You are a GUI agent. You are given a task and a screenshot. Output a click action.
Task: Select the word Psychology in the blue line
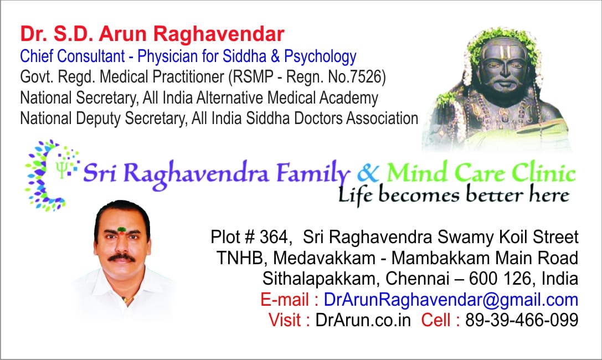(320, 57)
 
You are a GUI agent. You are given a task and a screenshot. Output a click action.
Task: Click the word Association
(382, 118)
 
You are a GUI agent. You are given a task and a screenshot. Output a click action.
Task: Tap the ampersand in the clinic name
(368, 173)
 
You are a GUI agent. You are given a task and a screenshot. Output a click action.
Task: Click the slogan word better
(495, 194)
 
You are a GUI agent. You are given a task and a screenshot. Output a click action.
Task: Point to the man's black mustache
(122, 258)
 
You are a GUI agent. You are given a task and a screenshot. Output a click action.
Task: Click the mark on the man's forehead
(122, 230)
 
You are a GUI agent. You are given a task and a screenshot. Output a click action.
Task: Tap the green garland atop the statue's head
(499, 40)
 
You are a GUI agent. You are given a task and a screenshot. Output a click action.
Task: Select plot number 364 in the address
(274, 237)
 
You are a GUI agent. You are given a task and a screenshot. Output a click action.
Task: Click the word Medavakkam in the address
(324, 258)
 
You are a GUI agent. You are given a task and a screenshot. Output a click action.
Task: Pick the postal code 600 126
(500, 278)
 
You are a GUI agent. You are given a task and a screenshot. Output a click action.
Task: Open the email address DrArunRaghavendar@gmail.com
(451, 300)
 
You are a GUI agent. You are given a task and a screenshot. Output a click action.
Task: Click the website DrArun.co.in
(363, 320)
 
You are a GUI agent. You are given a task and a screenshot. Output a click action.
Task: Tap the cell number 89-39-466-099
(522, 320)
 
